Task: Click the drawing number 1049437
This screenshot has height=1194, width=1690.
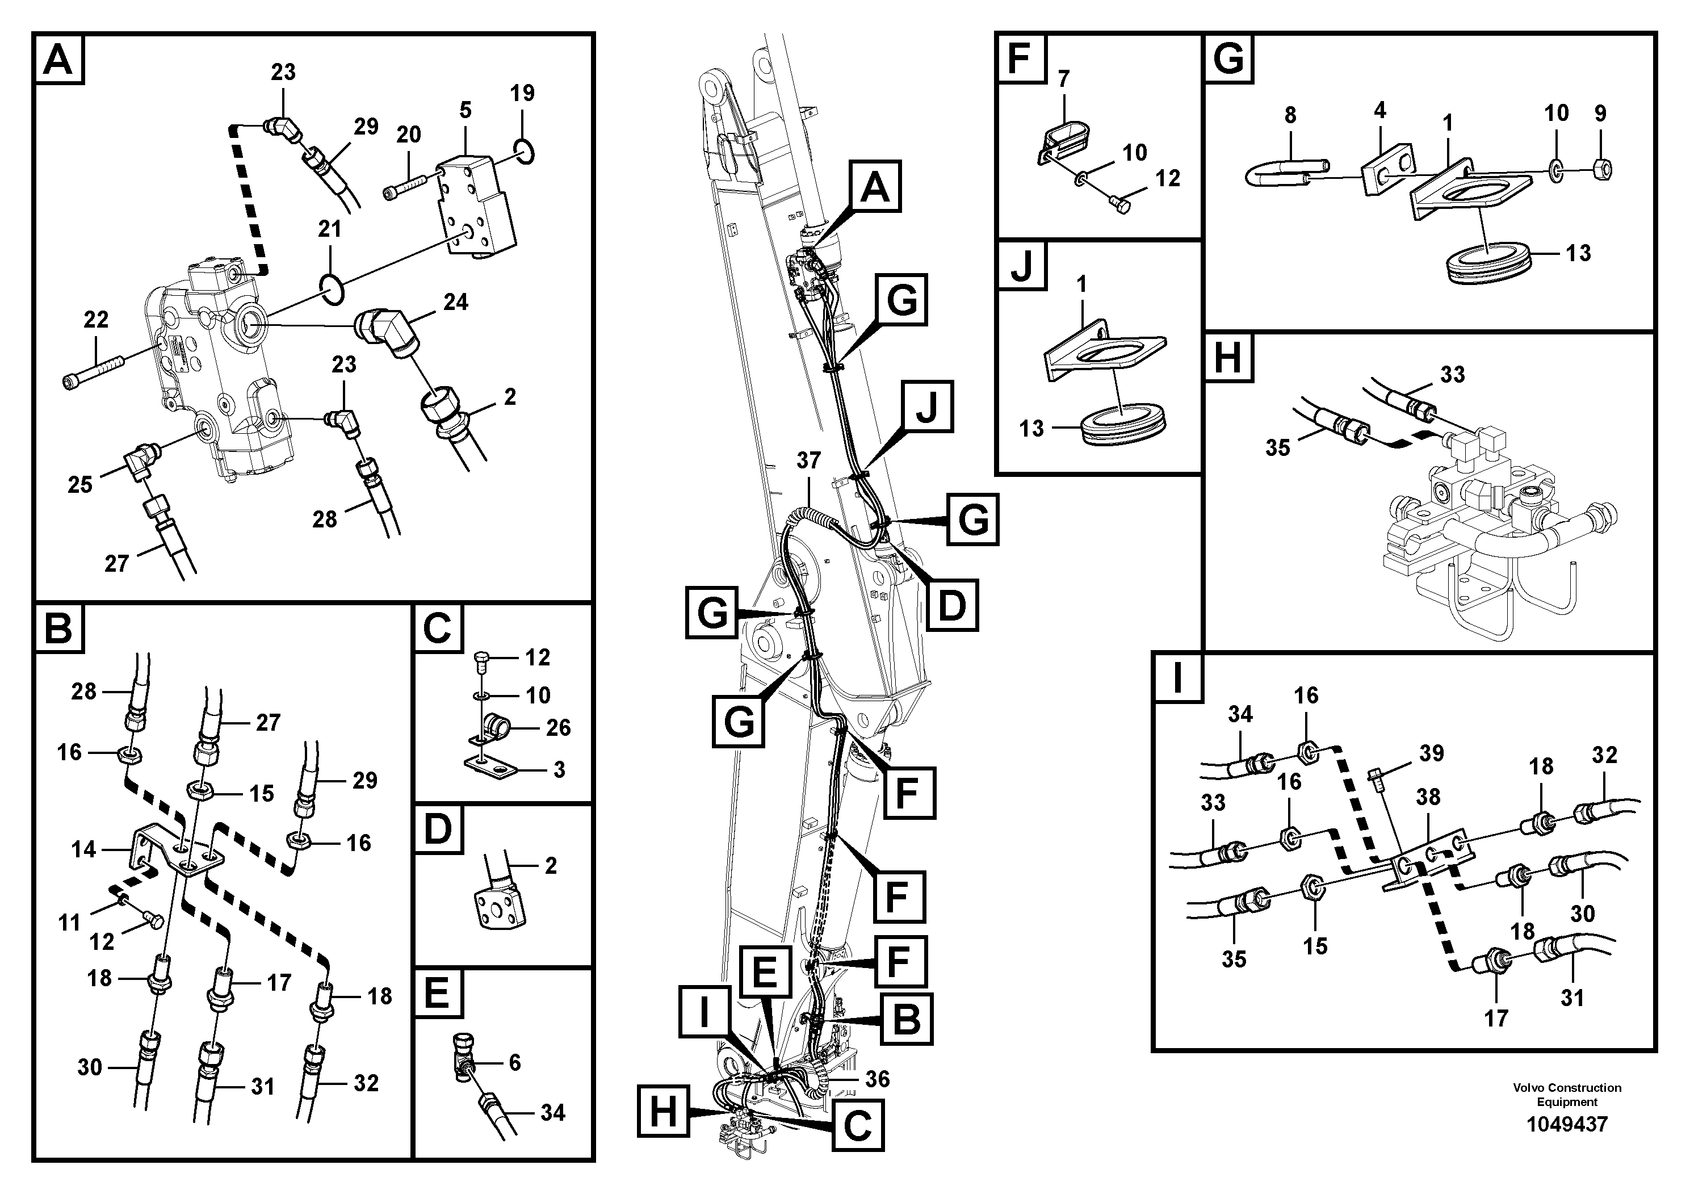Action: click(x=1566, y=1125)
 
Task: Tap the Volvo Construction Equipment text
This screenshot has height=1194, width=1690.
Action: click(x=1566, y=1095)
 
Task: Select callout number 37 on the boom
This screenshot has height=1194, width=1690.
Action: click(x=808, y=461)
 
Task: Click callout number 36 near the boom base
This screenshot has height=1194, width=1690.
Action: click(x=878, y=1079)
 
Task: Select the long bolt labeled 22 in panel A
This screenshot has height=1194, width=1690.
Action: click(x=94, y=372)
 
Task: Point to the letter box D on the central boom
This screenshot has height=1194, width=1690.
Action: click(x=952, y=605)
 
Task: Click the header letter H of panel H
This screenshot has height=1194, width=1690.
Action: click(x=1228, y=359)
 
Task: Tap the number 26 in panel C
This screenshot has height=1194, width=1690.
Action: click(x=558, y=728)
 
